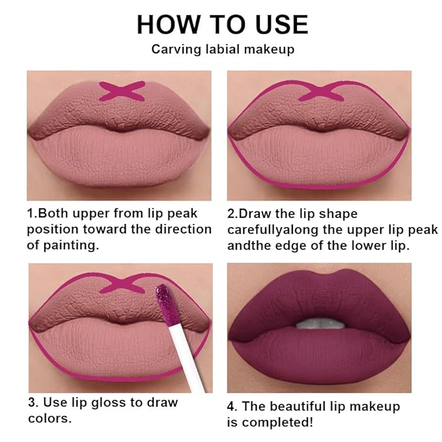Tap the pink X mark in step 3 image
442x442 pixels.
(x=121, y=284)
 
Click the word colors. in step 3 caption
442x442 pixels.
(x=49, y=419)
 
